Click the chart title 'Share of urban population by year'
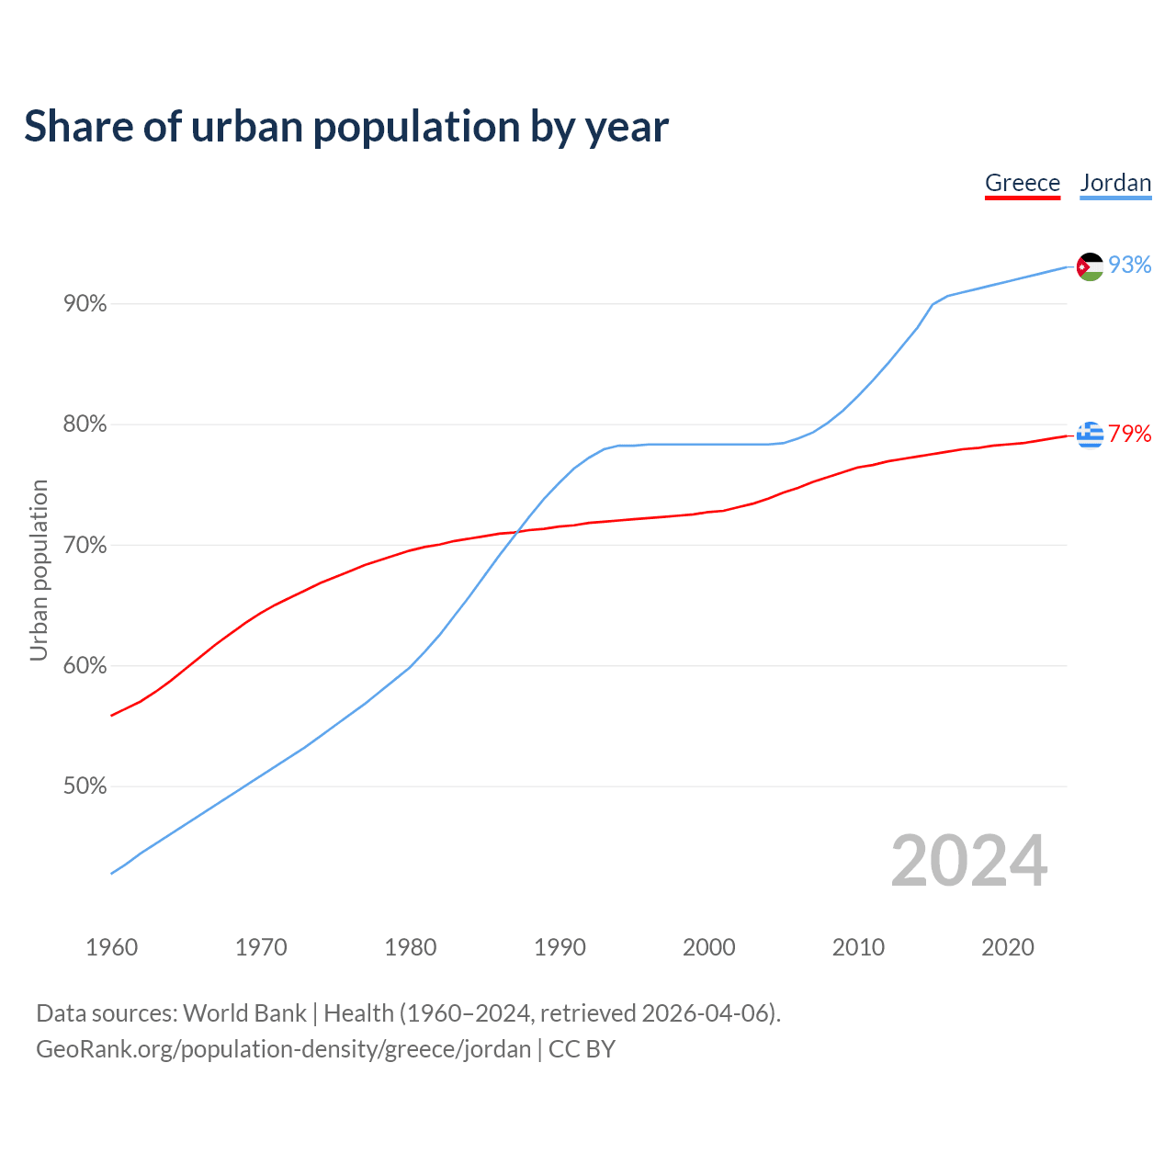(346, 127)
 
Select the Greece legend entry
(1023, 183)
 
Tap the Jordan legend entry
(1115, 183)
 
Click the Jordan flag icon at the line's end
(1090, 266)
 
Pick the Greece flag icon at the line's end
(1090, 435)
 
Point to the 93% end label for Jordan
(1129, 265)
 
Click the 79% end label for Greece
(1129, 434)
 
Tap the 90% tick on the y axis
(85, 303)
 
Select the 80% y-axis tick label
(85, 424)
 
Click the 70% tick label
(85, 546)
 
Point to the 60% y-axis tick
(85, 666)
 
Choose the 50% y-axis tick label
(85, 786)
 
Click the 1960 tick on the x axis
(112, 947)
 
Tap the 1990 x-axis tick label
(560, 947)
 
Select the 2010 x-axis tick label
(858, 947)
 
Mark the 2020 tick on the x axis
(1008, 947)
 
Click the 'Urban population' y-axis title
(39, 570)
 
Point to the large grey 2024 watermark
(969, 861)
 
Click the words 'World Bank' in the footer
(244, 1013)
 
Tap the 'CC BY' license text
(582, 1049)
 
